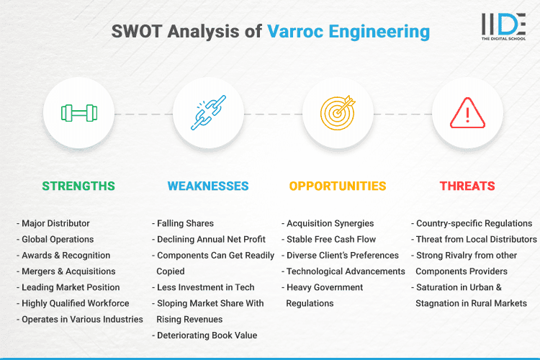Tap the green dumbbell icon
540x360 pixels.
(78, 114)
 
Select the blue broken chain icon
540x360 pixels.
(208, 114)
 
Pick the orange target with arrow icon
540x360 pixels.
(338, 114)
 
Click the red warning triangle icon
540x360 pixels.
(467, 114)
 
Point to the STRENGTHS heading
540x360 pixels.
(78, 186)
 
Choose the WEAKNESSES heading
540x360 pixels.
(208, 186)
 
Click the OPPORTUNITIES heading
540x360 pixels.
(338, 186)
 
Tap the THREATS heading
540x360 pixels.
(467, 186)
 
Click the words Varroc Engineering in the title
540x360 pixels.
(348, 32)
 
